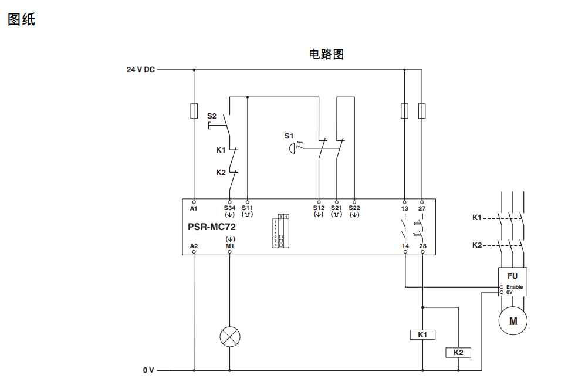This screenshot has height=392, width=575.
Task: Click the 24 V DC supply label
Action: (141, 69)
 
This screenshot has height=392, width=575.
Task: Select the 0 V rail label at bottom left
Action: (148, 370)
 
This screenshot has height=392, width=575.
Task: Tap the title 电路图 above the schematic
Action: (326, 55)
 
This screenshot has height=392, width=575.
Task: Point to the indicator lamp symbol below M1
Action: (229, 337)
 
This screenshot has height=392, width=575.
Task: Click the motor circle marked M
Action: (513, 321)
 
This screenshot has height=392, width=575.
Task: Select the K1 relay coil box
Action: (422, 335)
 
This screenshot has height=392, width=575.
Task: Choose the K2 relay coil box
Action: (458, 353)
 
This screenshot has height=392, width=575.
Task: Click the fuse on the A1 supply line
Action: (194, 111)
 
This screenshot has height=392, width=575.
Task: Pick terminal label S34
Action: (229, 208)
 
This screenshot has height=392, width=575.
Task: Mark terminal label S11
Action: (247, 208)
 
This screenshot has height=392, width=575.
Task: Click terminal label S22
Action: (354, 208)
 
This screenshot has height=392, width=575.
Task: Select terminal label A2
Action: (194, 246)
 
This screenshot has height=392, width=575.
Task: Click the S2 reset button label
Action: (211, 116)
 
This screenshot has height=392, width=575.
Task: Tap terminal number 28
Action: (422, 246)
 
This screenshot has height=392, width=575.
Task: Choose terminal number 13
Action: (404, 208)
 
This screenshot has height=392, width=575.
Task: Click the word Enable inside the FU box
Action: (515, 287)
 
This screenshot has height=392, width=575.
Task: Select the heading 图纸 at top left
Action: (22, 19)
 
